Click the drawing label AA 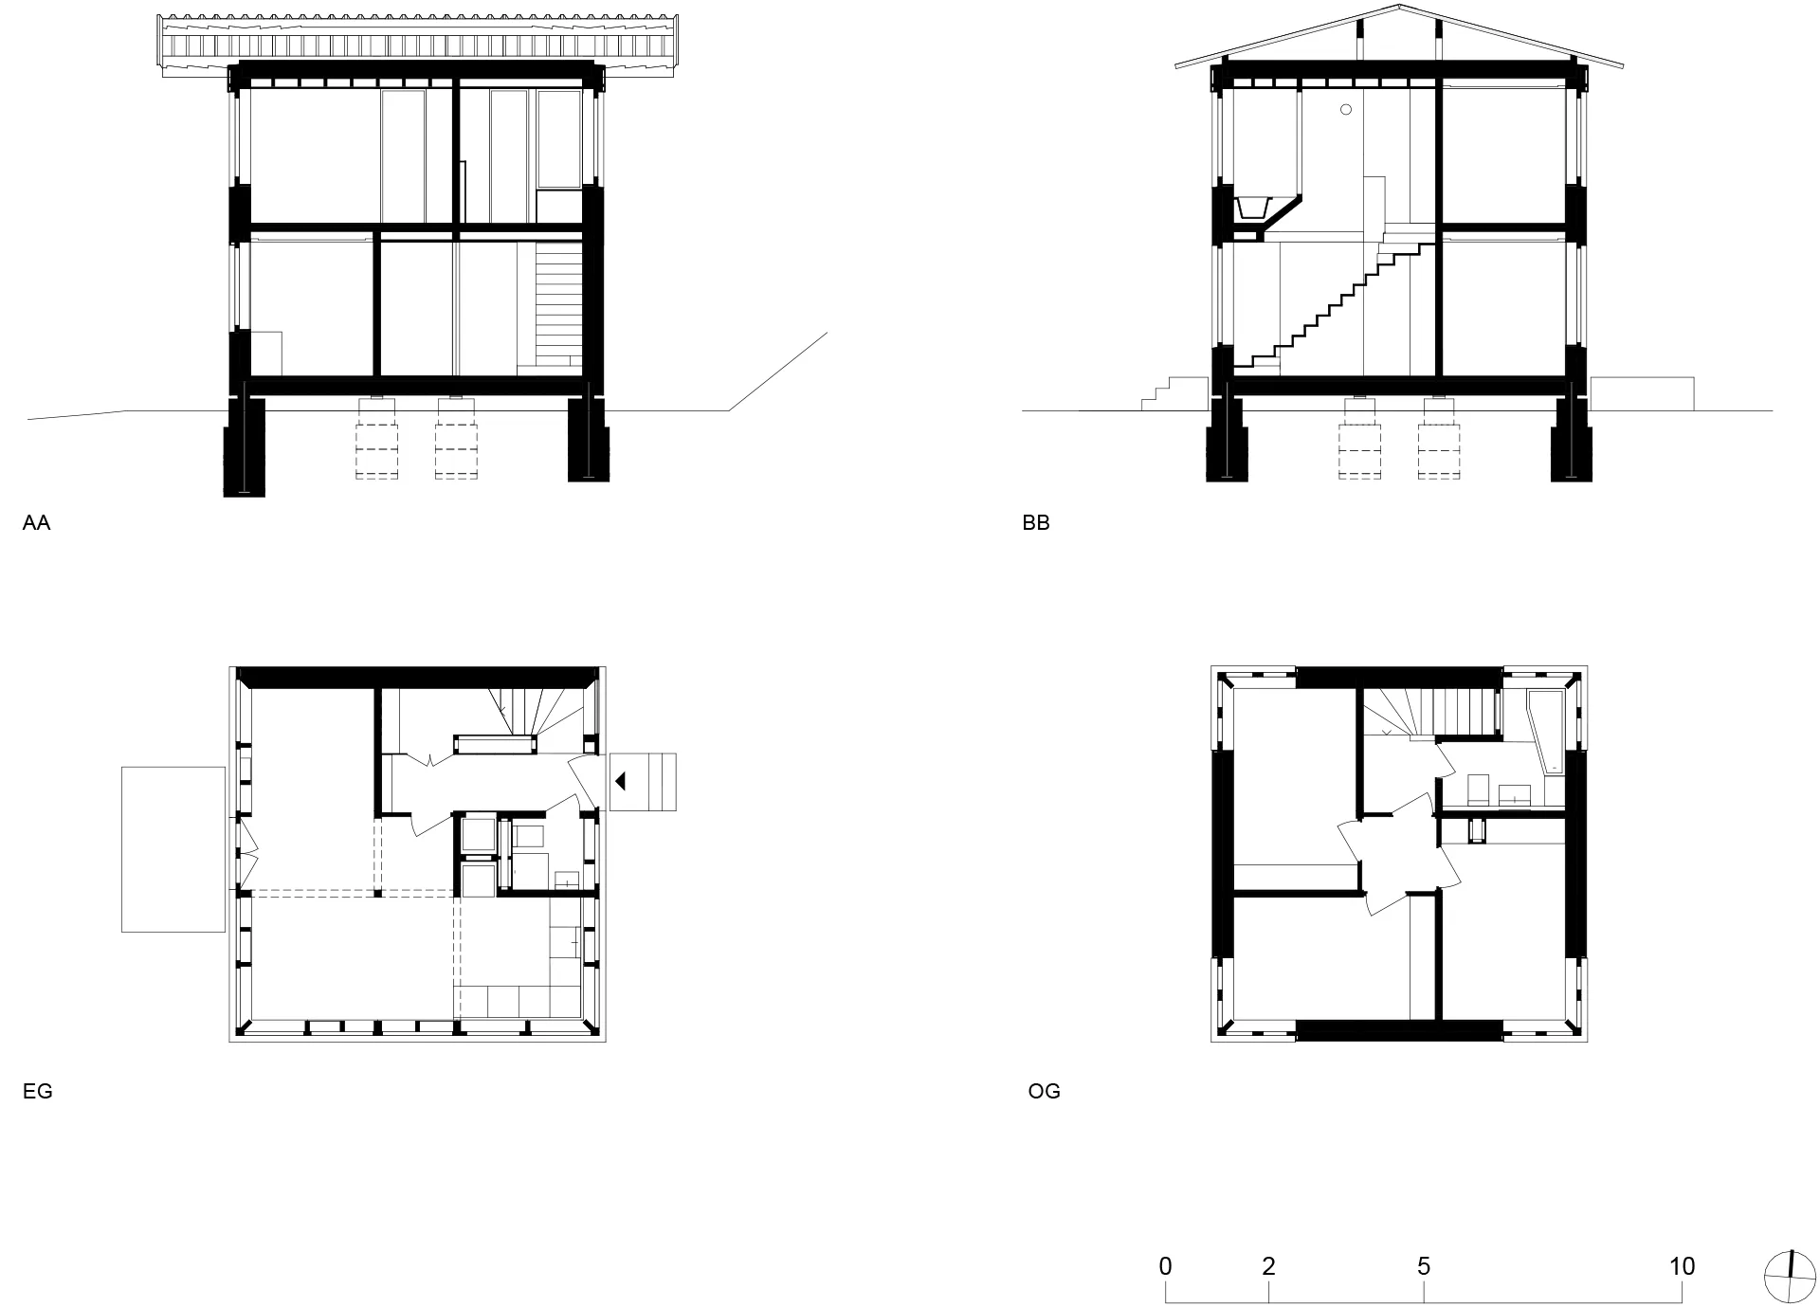point(36,522)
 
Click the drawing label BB point(1036,522)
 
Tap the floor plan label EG point(37,1091)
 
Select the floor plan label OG point(1044,1091)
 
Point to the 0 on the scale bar point(1165,1266)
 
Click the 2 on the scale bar point(1268,1266)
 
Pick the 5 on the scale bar point(1424,1266)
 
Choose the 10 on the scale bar point(1682,1266)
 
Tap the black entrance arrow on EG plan point(621,781)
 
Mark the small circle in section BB point(1345,110)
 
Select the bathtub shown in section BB point(1254,207)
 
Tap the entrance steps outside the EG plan point(643,781)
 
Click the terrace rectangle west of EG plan point(173,849)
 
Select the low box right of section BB point(1642,393)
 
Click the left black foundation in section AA point(244,445)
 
